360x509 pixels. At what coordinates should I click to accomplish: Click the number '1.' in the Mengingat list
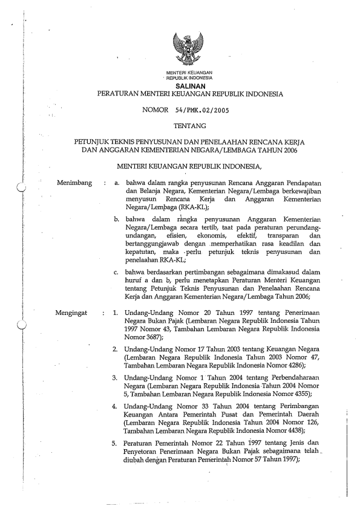coord(116,313)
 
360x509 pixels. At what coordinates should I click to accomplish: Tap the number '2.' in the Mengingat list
coord(116,349)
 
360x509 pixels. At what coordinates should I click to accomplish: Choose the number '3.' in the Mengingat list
coord(116,377)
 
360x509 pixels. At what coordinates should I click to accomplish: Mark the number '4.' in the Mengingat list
coord(116,405)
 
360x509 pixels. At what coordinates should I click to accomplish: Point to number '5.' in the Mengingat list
coord(116,442)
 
